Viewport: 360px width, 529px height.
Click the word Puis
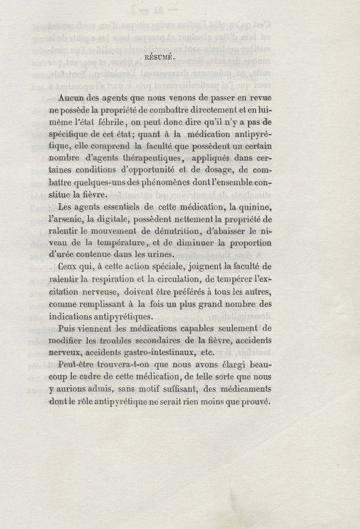[x=67, y=329]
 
